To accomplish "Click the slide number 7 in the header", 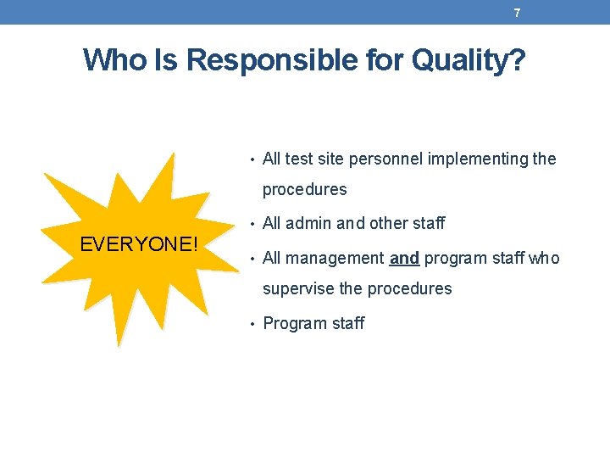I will point(517,13).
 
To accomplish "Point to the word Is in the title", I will point(165,60).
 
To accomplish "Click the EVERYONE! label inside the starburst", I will point(139,245).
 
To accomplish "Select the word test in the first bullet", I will point(298,159).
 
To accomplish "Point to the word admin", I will point(308,224).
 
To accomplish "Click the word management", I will point(335,258).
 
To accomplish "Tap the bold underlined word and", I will point(404,258).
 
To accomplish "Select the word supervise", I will point(298,289).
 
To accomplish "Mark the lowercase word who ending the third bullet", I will point(543,258).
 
